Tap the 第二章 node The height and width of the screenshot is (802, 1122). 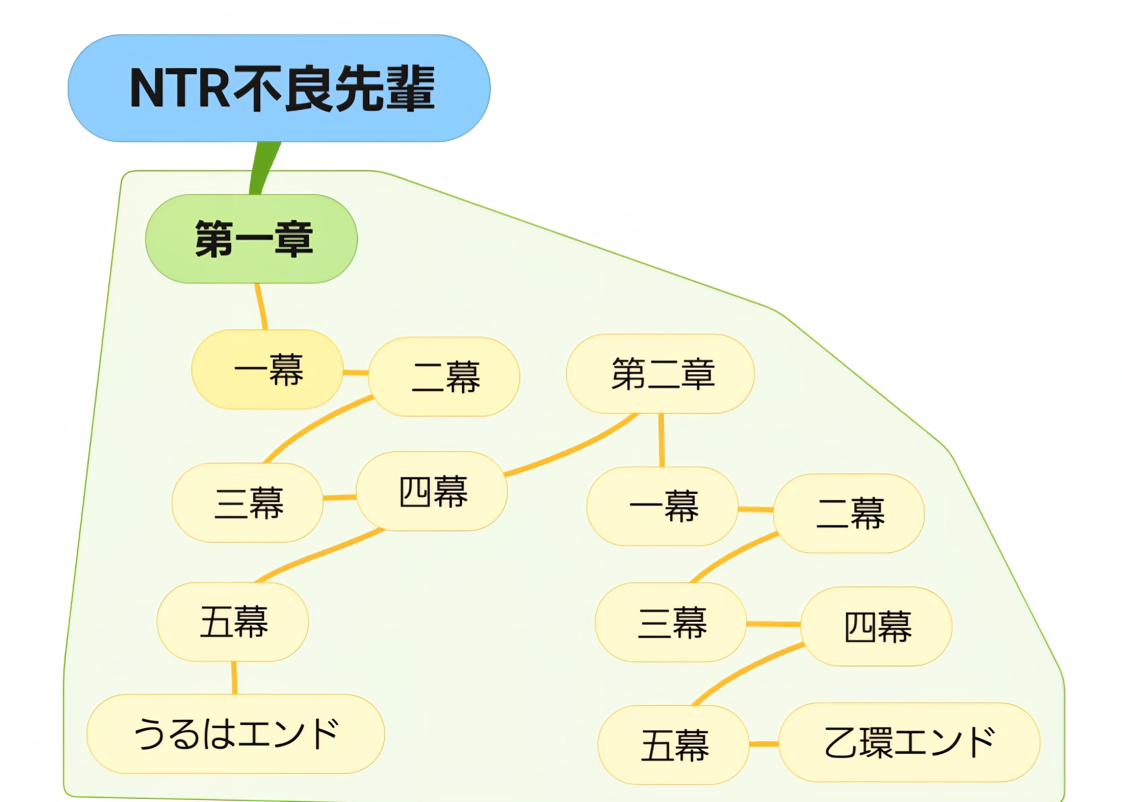(x=660, y=374)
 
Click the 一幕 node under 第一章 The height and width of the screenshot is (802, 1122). (x=267, y=369)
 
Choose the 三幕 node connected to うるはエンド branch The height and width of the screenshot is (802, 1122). (x=247, y=503)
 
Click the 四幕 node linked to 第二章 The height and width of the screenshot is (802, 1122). (x=432, y=491)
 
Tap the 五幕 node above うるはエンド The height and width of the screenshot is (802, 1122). (x=232, y=622)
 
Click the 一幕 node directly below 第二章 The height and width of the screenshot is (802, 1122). (x=662, y=506)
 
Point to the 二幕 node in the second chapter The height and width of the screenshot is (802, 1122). (x=849, y=513)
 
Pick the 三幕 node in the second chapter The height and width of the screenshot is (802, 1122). (x=670, y=622)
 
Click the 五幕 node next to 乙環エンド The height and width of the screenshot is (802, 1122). (x=673, y=745)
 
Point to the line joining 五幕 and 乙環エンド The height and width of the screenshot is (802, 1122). (x=764, y=744)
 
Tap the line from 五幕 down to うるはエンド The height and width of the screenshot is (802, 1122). (x=234, y=677)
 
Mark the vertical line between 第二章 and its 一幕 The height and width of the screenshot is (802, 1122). (x=661, y=439)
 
